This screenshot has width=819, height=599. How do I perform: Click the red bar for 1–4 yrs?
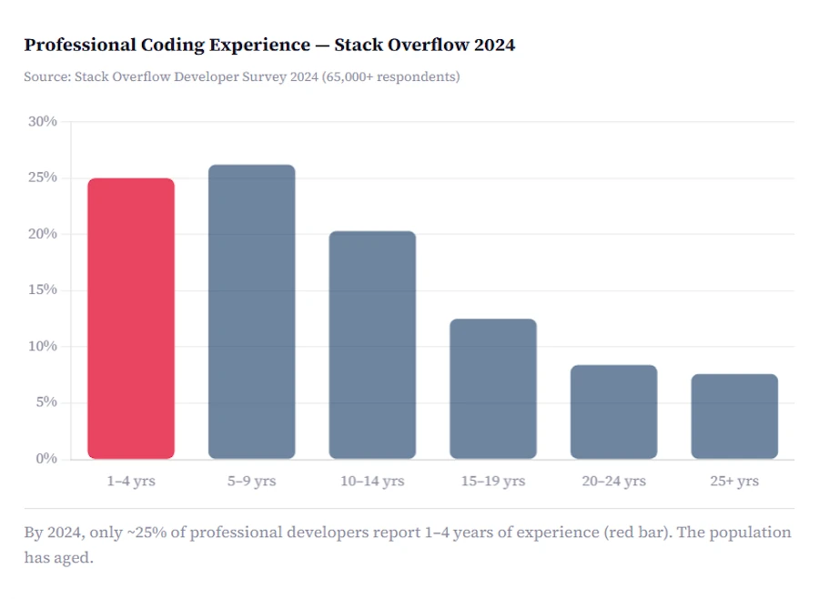point(131,319)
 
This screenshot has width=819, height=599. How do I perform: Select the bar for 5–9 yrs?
point(252,311)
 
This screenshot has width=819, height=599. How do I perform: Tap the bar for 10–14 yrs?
point(372,345)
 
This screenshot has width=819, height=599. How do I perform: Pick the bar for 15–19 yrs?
point(493,389)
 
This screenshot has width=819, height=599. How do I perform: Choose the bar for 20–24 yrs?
point(613,411)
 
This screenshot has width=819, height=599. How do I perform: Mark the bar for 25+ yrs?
point(734,416)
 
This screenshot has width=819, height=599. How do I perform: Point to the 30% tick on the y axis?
point(42,121)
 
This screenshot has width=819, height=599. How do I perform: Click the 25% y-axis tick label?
point(42,178)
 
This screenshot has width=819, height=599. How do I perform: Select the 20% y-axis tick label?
point(42,234)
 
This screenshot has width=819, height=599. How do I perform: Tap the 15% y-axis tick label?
point(42,289)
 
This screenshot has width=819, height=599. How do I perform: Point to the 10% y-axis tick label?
point(42,346)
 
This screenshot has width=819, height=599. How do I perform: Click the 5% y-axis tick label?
point(45,402)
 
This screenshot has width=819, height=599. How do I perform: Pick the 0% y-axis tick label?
point(45,458)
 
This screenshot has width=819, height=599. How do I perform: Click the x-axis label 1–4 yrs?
point(131,481)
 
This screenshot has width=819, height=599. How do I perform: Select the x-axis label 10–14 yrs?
point(372,481)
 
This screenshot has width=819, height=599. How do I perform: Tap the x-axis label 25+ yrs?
point(734,481)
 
